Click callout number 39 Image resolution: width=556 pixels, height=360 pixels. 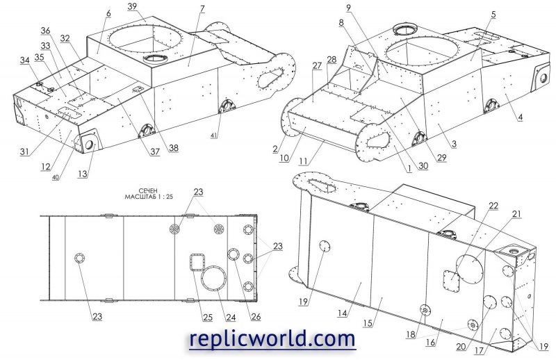click(132, 6)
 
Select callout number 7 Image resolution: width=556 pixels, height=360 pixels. click(202, 9)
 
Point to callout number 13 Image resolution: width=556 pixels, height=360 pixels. click(82, 174)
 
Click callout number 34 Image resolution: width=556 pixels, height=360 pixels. click(24, 60)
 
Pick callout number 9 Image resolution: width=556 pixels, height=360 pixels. click(349, 8)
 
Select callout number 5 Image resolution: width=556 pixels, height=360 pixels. click(493, 15)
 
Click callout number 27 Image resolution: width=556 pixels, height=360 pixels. click(317, 65)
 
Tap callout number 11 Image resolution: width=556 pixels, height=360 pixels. click(303, 161)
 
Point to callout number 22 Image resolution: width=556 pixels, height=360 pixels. click(493, 206)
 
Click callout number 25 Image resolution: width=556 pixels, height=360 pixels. click(208, 317)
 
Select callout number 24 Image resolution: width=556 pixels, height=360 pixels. click(231, 317)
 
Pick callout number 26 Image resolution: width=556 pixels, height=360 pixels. click(256, 317)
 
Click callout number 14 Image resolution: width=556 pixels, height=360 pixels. click(342, 313)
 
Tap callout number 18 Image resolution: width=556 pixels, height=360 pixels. click(411, 334)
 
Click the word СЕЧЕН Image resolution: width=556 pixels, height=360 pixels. click(149, 191)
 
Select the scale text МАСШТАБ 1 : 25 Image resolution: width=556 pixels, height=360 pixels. click(149, 197)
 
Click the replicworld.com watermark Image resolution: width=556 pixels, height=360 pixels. click(272, 338)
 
